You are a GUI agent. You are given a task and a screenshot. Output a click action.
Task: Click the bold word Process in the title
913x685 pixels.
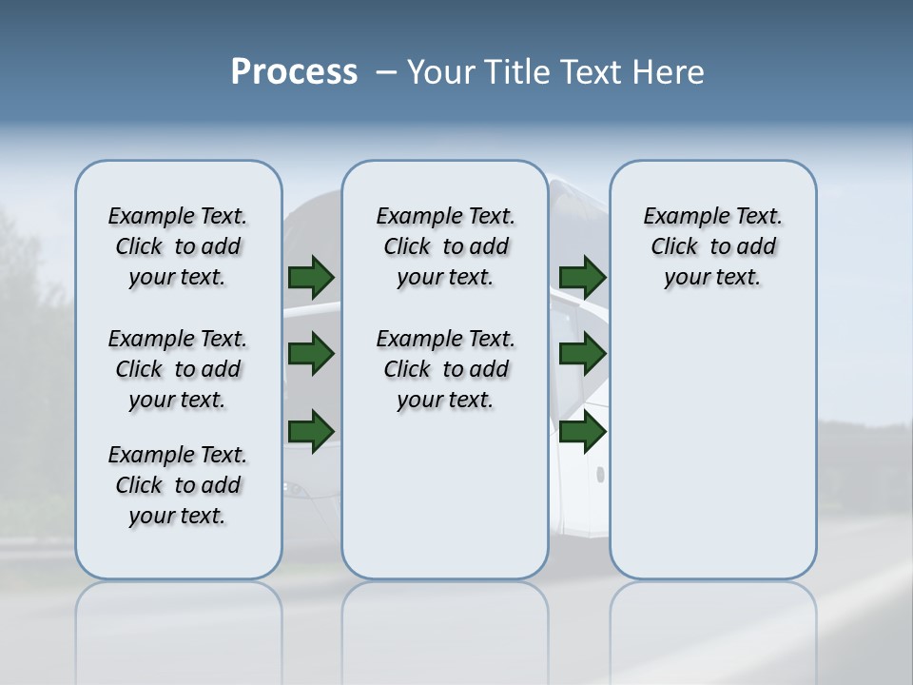[294, 72]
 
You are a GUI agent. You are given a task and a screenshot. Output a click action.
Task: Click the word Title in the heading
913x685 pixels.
[515, 72]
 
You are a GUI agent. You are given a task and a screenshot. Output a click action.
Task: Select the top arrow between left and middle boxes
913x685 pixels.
[311, 277]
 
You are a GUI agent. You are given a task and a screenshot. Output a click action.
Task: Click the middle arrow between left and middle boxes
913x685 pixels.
[311, 354]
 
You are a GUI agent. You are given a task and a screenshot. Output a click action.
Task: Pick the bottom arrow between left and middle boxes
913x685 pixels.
[311, 431]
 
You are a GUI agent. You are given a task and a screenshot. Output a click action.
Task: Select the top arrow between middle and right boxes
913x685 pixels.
[582, 277]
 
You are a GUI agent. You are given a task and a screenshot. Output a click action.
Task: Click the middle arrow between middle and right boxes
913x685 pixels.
[582, 354]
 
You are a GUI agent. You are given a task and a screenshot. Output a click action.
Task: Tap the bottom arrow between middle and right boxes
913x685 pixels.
[582, 432]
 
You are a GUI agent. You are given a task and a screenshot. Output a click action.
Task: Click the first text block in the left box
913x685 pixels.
[178, 246]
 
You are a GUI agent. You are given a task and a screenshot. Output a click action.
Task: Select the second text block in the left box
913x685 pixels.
[178, 369]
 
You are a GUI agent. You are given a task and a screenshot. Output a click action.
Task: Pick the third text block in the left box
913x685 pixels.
[178, 485]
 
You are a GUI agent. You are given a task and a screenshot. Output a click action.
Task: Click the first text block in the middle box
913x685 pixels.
[445, 246]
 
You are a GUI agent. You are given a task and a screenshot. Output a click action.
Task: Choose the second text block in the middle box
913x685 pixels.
[445, 369]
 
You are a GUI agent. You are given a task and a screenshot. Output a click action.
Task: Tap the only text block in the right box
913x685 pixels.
[712, 246]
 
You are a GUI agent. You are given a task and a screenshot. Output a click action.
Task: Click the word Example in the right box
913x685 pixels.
[679, 217]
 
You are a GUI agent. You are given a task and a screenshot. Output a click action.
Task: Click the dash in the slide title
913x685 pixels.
[386, 72]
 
